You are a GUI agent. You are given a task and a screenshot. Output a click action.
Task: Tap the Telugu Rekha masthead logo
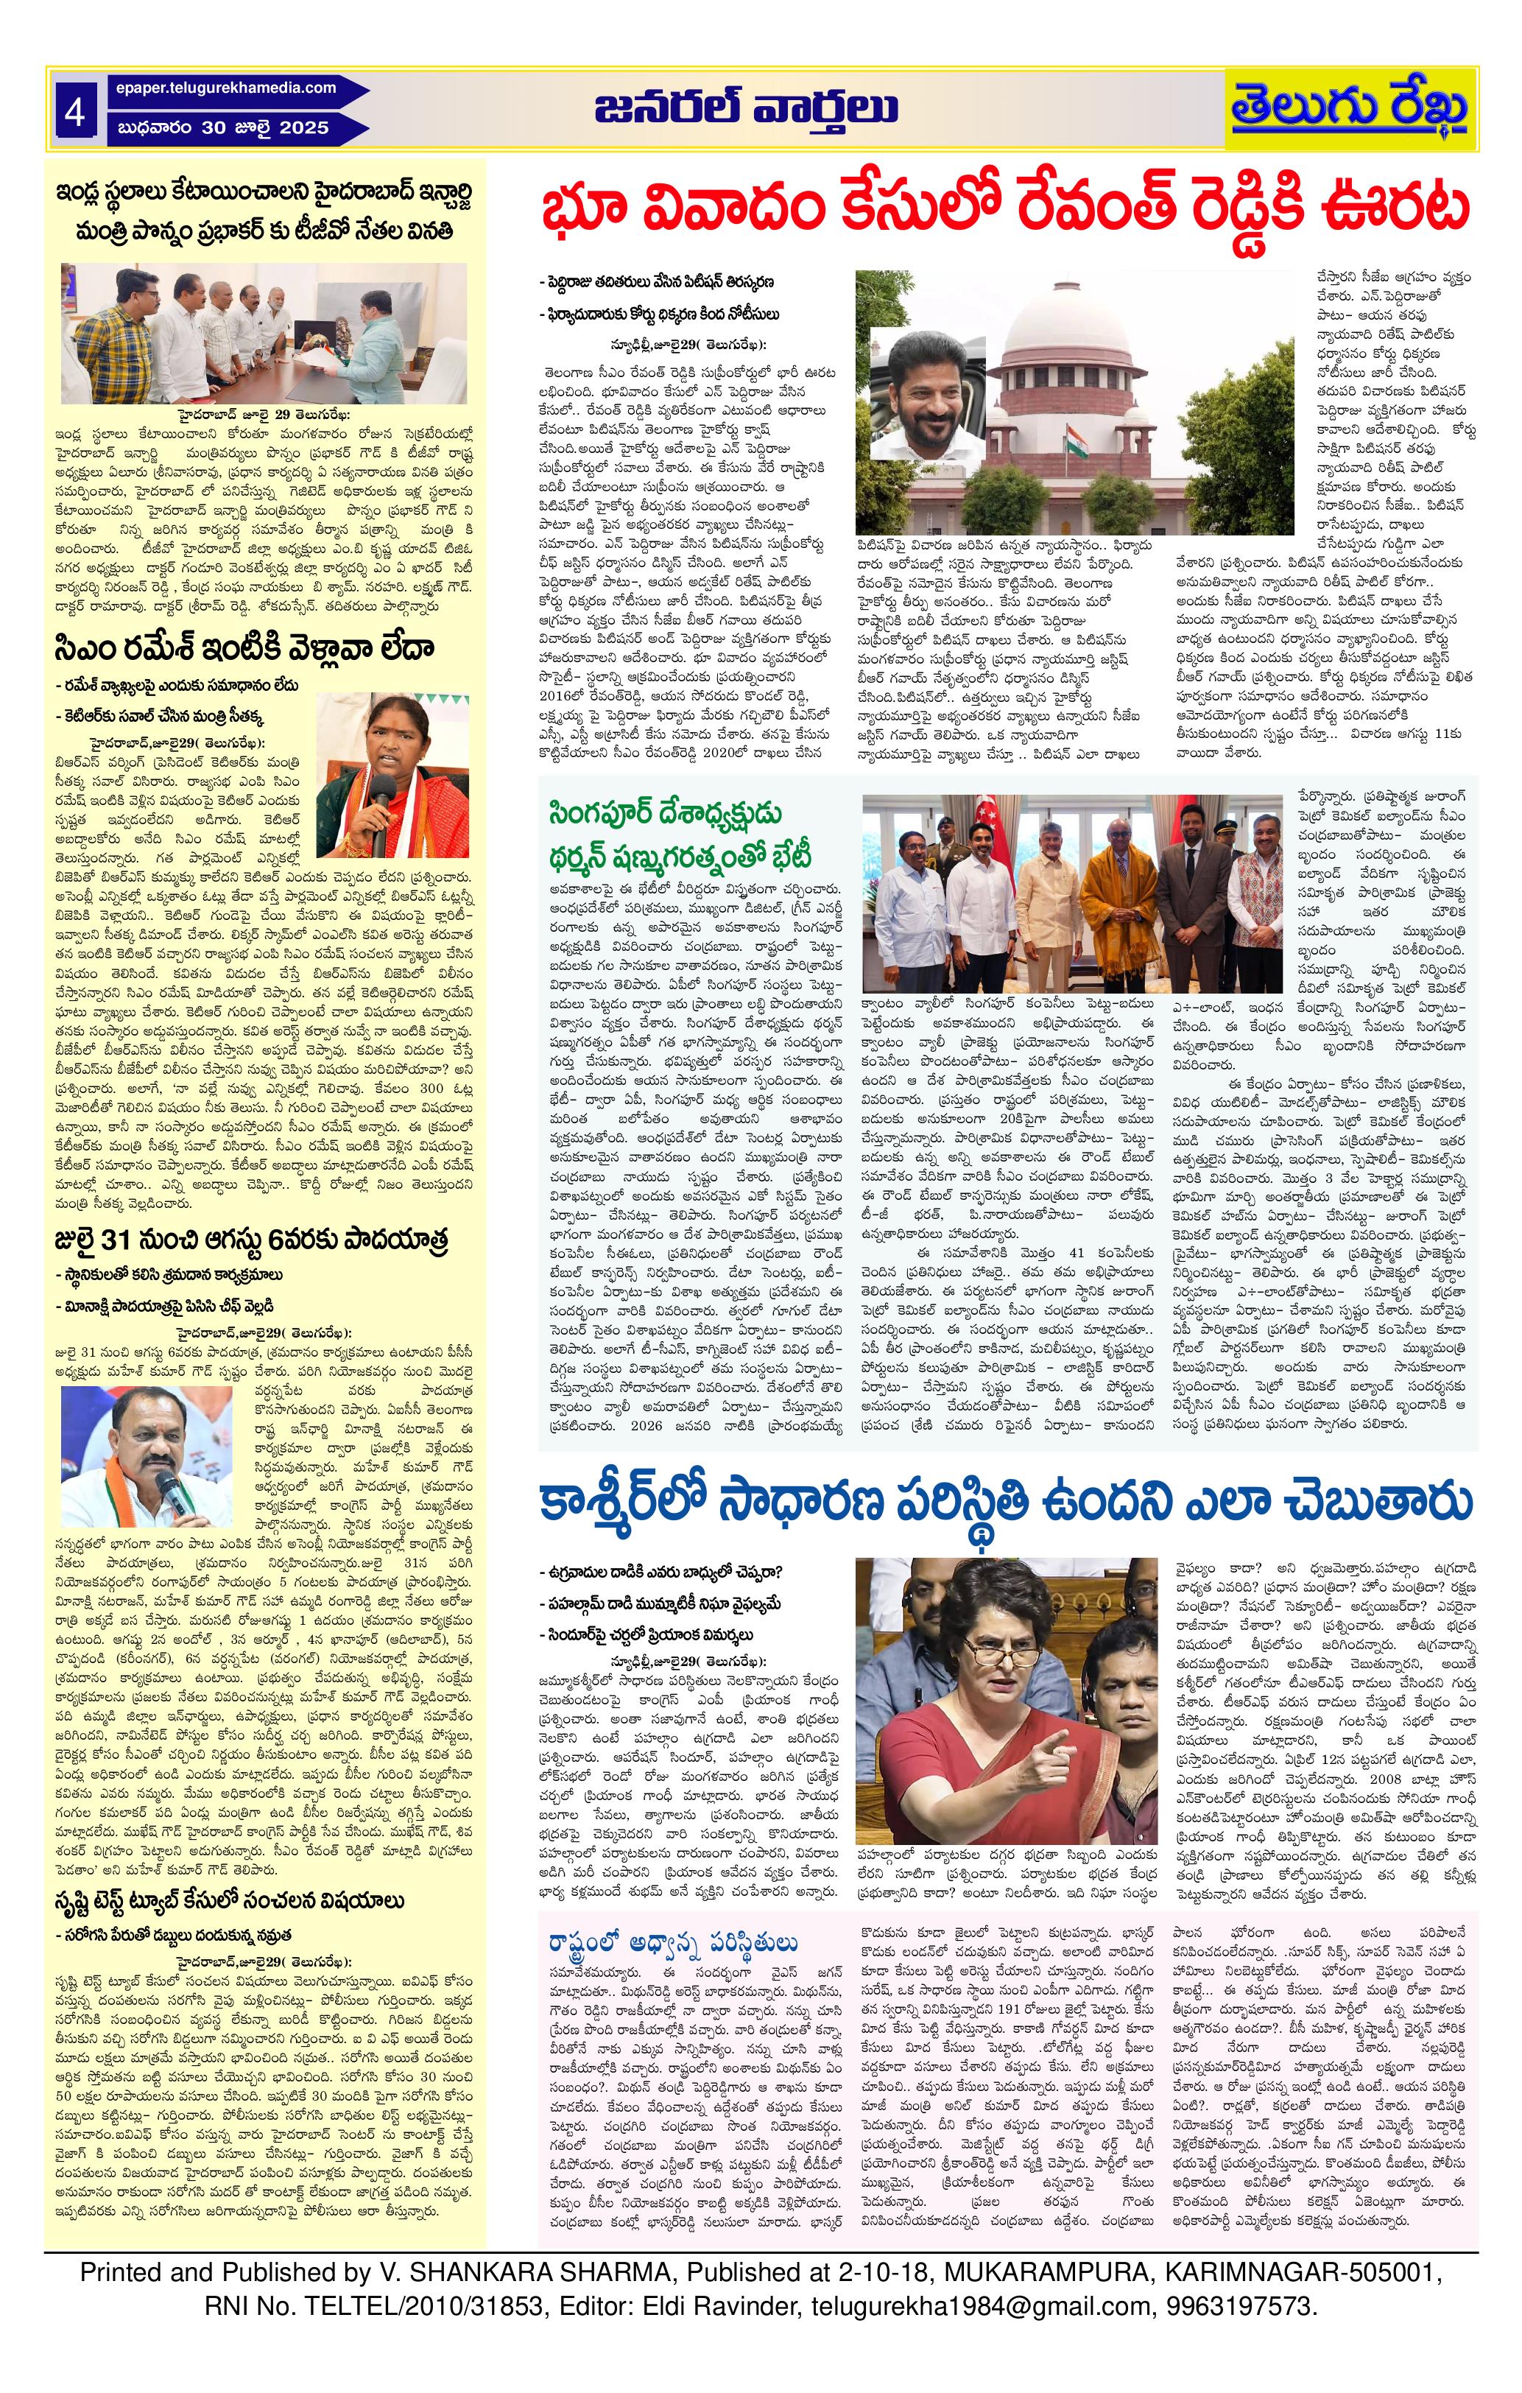tap(1349, 108)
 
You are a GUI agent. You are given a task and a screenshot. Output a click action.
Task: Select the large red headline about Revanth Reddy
tap(1004, 211)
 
